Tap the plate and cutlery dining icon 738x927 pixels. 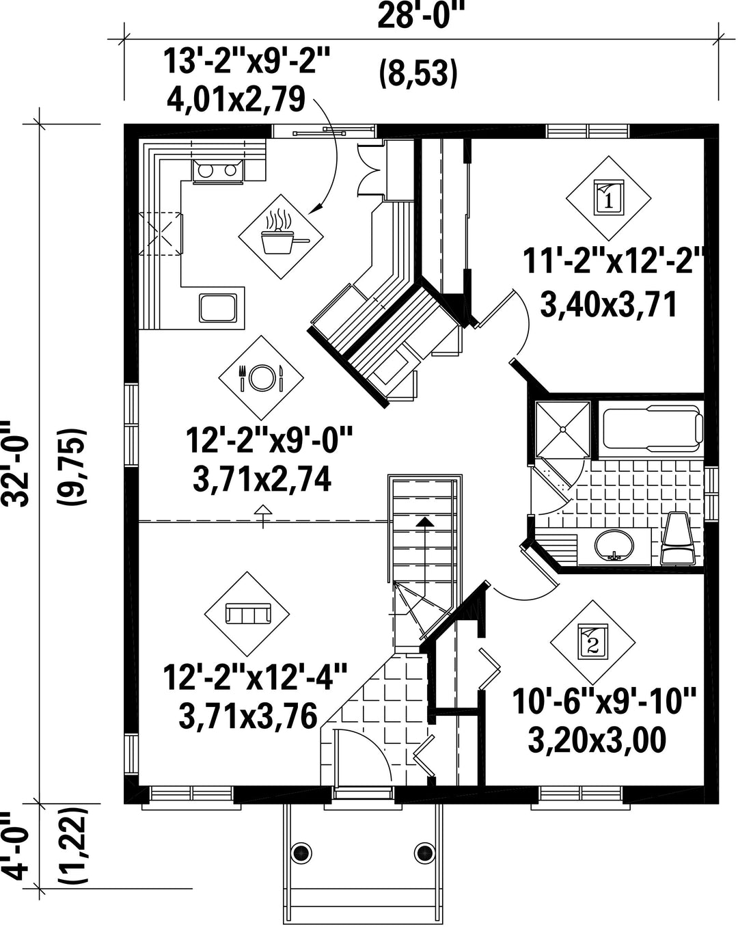261,378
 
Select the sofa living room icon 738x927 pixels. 247,614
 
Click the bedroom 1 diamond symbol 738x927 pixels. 608,198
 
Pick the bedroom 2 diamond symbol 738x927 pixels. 592,642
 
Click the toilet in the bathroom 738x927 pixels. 678,537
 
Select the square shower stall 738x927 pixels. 562,429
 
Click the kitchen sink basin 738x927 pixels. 218,308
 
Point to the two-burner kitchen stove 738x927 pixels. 218,171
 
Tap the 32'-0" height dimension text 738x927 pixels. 17,464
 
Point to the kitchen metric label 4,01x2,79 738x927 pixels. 236,99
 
